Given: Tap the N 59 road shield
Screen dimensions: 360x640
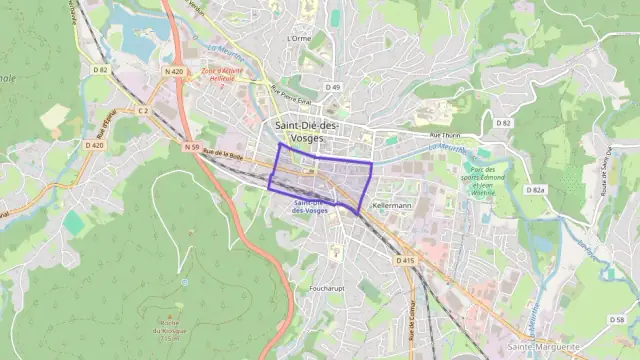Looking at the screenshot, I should (192, 147).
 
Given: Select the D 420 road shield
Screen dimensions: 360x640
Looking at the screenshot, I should (95, 145).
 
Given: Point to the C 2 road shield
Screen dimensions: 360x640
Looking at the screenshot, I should (143, 110).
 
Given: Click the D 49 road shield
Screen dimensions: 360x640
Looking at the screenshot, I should (332, 87).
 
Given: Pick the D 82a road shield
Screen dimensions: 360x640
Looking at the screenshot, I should (539, 189).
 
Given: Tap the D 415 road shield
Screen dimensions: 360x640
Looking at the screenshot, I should (404, 261).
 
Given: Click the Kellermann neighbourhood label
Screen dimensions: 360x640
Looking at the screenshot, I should (391, 204).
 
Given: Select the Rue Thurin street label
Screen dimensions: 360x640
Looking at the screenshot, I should (442, 134).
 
